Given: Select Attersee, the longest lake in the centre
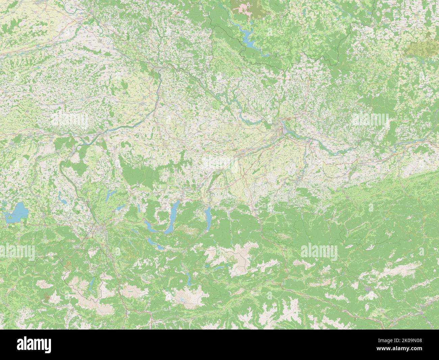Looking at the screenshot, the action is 173,217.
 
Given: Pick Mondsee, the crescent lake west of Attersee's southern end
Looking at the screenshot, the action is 149,225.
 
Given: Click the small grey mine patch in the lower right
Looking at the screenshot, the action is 368,289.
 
